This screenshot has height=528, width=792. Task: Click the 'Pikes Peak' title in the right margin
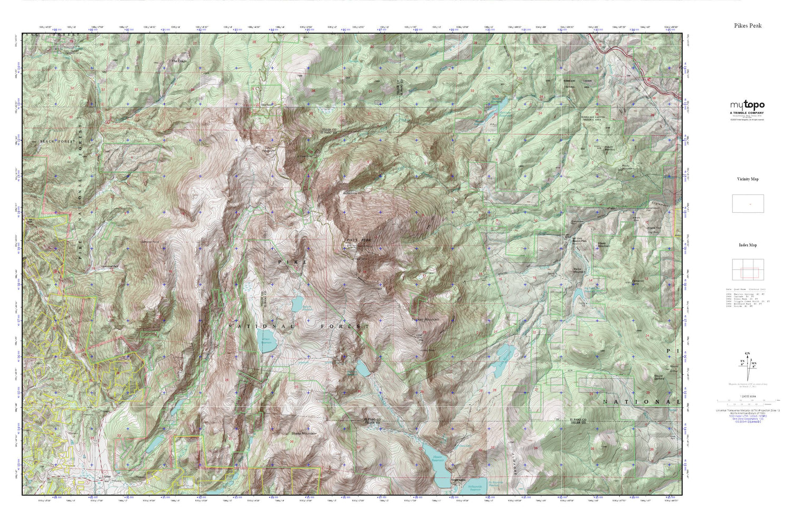pos(748,25)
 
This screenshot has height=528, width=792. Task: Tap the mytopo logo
pos(747,105)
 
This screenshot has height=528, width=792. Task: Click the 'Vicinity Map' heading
pos(748,179)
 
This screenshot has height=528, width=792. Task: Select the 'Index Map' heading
pos(748,245)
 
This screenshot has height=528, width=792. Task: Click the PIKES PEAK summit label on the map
pos(359,240)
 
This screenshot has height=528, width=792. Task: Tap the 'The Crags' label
pos(179,61)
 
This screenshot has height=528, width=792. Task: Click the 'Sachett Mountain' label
pos(425,319)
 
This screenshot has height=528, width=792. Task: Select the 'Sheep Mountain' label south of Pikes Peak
pos(304,433)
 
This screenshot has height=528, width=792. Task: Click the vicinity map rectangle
pos(748,203)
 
